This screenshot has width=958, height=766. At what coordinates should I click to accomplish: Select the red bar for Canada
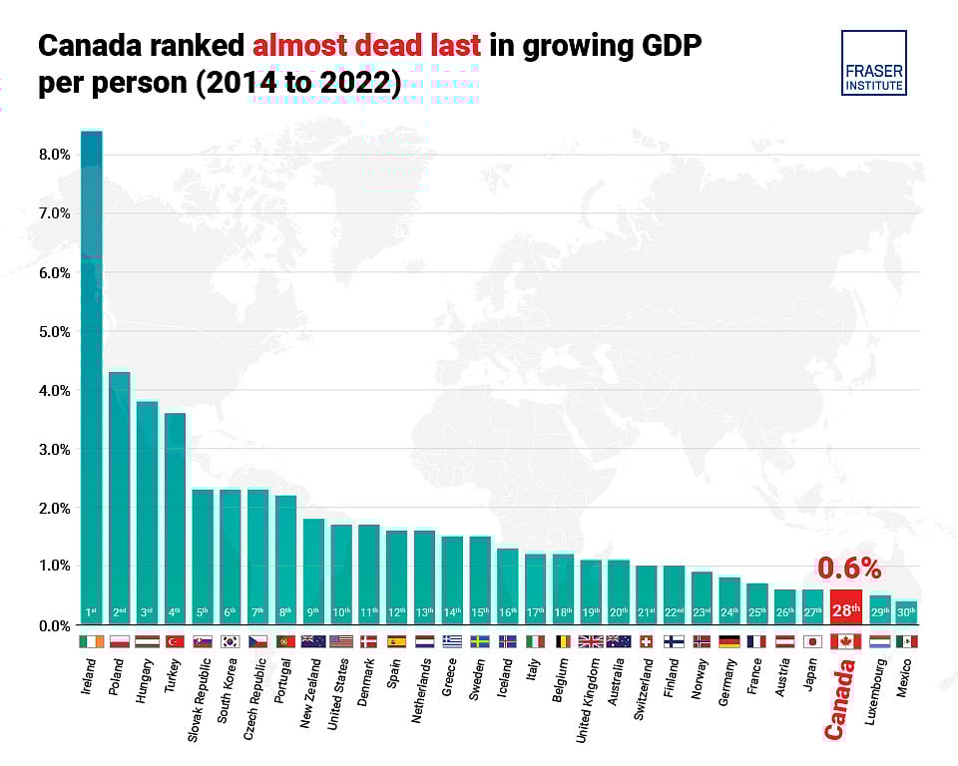pos(845,606)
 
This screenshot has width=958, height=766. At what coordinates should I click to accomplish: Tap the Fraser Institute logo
pos(873,63)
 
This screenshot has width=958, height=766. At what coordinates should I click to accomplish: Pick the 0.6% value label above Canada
pos(849,569)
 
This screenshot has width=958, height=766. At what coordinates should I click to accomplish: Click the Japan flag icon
pos(812,641)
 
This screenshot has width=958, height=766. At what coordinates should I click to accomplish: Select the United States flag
pos(341,641)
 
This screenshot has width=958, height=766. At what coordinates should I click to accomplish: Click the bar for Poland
pos(119,498)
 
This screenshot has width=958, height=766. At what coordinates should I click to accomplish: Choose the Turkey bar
pos(175,519)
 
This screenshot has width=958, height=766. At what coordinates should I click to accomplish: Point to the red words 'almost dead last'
pos(366,45)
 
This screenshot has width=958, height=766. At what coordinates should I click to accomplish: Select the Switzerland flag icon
pos(646,641)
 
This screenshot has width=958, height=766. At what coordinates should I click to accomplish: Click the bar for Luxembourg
pos(880,610)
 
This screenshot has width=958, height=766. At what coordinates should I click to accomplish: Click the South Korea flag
pos(231,641)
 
